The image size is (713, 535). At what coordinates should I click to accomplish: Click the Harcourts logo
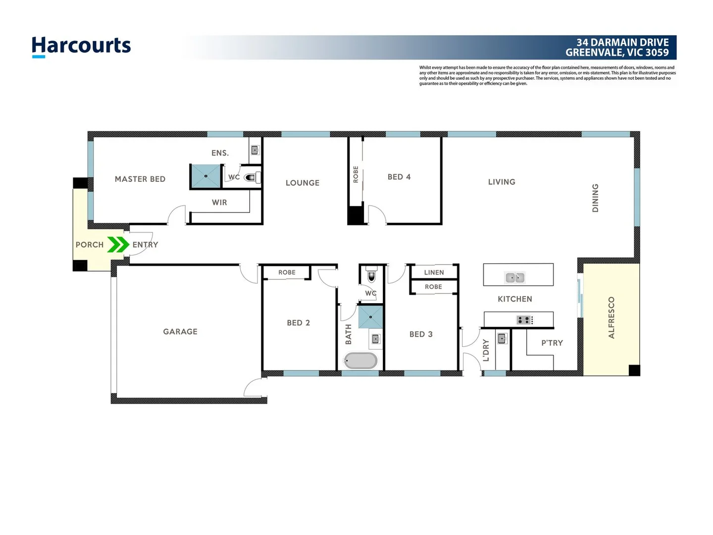[81, 47]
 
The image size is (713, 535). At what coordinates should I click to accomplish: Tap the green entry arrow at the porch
[118, 245]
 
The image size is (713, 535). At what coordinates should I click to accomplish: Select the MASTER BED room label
[140, 179]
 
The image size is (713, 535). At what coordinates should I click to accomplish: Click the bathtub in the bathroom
[360, 361]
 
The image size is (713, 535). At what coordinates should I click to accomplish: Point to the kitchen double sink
[515, 278]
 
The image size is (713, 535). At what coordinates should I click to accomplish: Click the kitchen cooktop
[524, 320]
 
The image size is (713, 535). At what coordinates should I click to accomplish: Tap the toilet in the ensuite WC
[252, 177]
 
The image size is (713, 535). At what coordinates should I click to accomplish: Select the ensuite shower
[205, 176]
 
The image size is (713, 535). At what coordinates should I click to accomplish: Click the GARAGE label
[180, 332]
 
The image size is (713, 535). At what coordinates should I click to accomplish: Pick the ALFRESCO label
[611, 318]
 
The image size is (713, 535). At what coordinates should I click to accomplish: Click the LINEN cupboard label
[434, 272]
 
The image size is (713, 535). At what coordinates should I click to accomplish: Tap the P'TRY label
[552, 343]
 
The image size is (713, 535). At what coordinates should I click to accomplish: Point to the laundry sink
[502, 339]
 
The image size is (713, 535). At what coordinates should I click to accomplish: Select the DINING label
[596, 198]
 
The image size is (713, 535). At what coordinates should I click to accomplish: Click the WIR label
[219, 203]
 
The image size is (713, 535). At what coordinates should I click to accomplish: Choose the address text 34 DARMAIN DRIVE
[622, 43]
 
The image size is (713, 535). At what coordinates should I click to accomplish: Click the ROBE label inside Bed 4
[356, 175]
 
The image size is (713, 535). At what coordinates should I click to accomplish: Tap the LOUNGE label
[303, 183]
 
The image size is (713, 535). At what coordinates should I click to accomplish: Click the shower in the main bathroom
[370, 317]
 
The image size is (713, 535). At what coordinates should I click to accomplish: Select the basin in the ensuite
[255, 150]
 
